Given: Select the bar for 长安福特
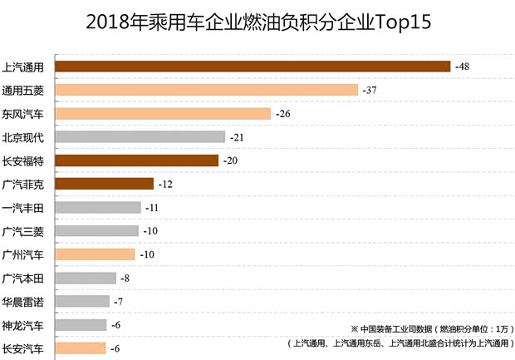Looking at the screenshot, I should (136, 160).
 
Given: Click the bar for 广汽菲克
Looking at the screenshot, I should (104, 184).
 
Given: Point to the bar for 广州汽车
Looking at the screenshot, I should (95, 254).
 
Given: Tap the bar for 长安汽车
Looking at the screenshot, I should (81, 348).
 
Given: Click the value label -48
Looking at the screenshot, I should (462, 66).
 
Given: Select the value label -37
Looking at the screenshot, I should (370, 90).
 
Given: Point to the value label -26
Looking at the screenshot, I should (282, 113).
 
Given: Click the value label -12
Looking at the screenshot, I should (165, 184).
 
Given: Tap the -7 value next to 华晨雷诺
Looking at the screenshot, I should (120, 301).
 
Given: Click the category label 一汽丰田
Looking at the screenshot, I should (24, 207).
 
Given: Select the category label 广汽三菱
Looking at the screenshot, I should (24, 230).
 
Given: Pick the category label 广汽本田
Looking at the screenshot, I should (24, 278).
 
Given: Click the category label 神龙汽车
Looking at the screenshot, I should (24, 325).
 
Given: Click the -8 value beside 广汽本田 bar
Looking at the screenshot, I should (126, 278).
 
